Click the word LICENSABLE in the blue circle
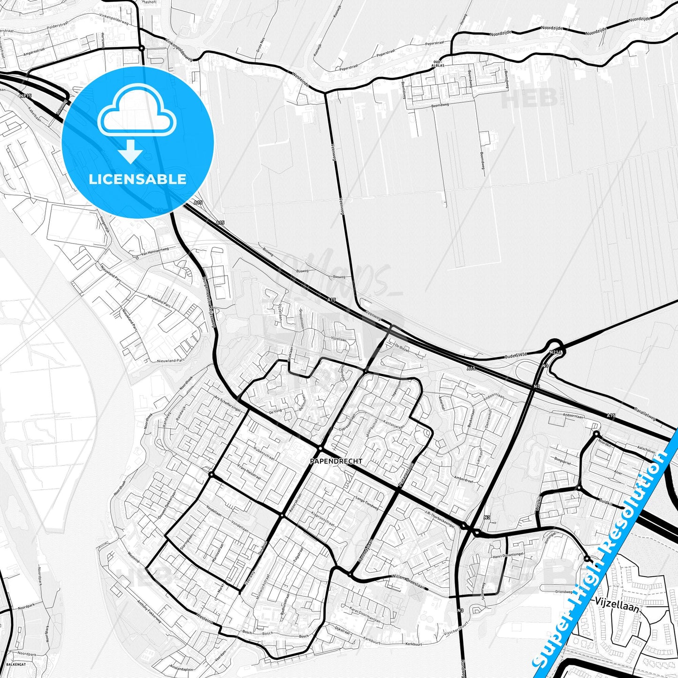point(137,179)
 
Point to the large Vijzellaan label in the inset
point(617,605)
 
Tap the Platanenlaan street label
point(407,474)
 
